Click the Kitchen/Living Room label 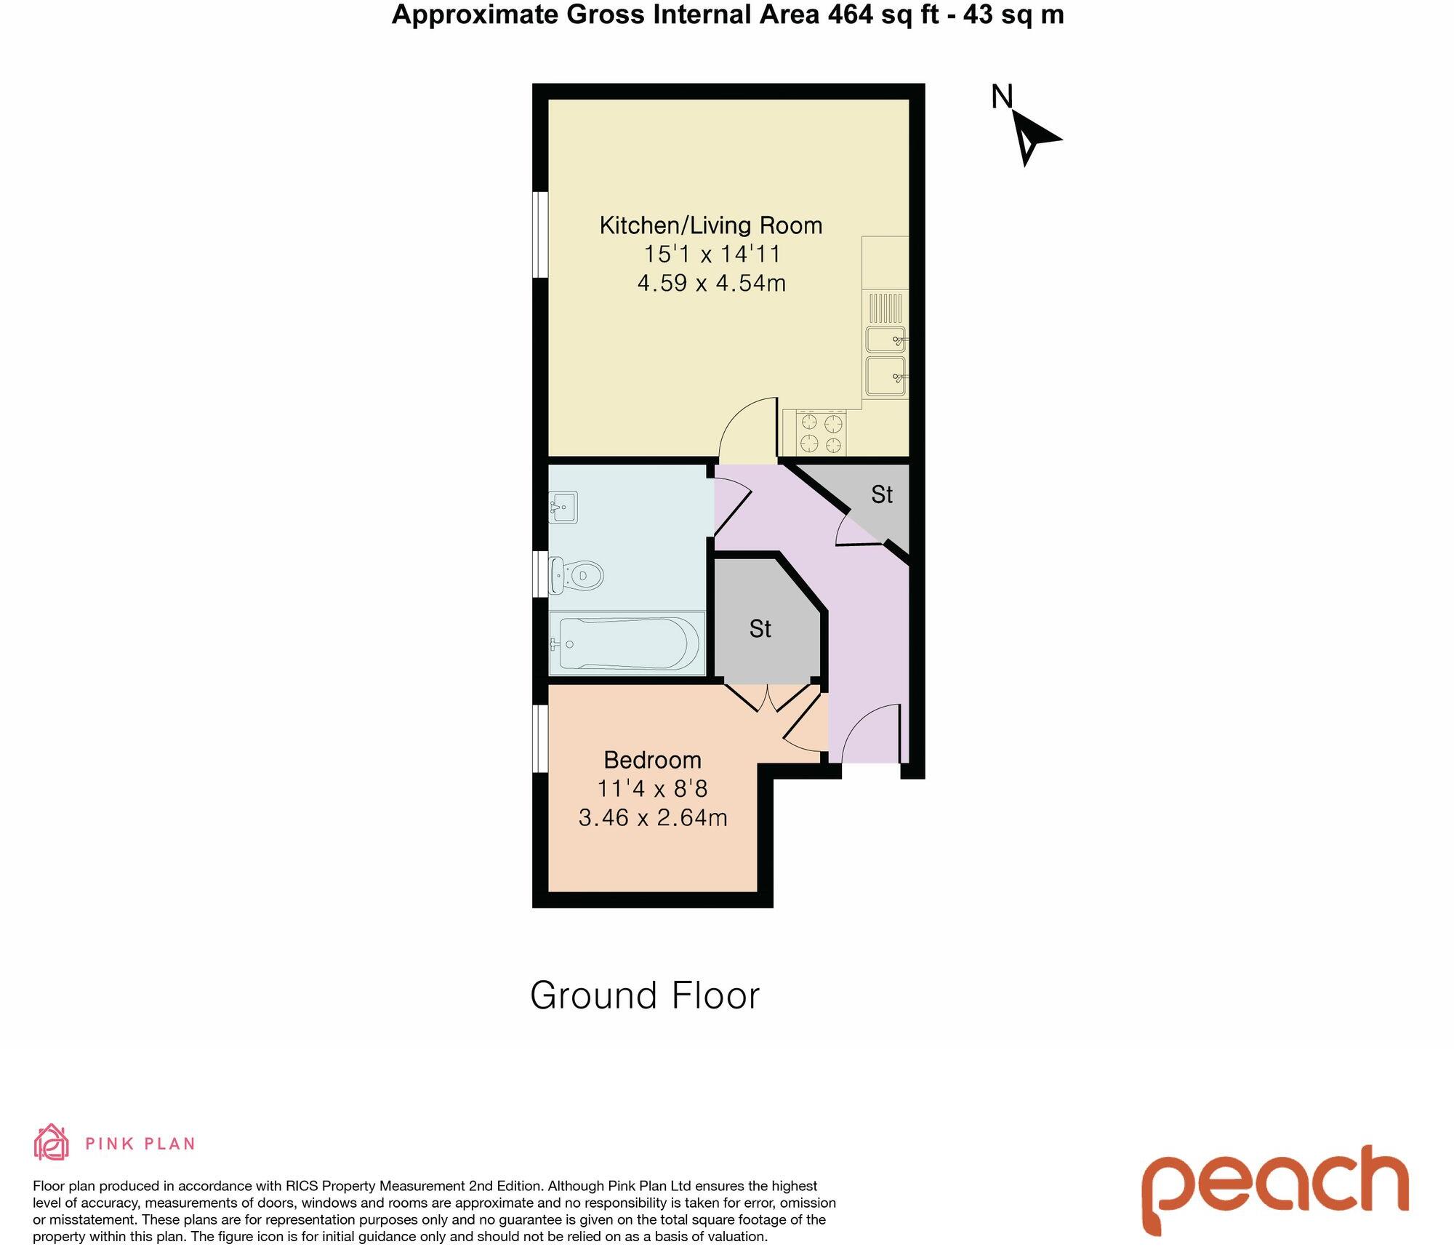pyautogui.click(x=710, y=225)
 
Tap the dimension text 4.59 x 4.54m pyautogui.click(x=711, y=283)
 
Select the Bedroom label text pyautogui.click(x=652, y=760)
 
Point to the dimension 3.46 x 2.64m pyautogui.click(x=652, y=817)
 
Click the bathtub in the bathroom pyautogui.click(x=626, y=643)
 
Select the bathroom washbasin pyautogui.click(x=563, y=506)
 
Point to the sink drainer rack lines pyautogui.click(x=885, y=308)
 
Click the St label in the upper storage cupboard pyautogui.click(x=881, y=495)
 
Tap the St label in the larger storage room pyautogui.click(x=760, y=629)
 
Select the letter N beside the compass pyautogui.click(x=1002, y=97)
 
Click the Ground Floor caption pyautogui.click(x=644, y=995)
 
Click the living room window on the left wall pyautogui.click(x=540, y=234)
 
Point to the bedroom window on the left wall pyautogui.click(x=540, y=738)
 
